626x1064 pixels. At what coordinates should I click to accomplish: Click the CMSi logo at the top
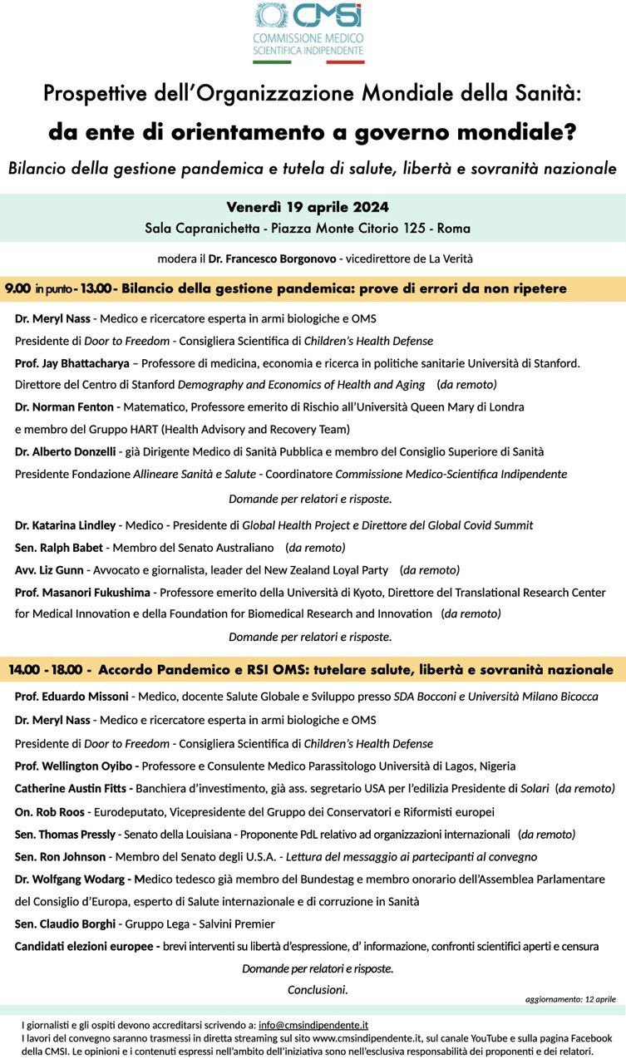[308, 32]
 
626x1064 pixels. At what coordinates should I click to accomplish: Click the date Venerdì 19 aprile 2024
[308, 207]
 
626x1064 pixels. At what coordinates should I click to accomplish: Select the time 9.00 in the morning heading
[17, 288]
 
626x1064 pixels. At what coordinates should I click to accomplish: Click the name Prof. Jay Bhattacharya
[71, 363]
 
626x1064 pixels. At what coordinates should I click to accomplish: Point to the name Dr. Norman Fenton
[64, 407]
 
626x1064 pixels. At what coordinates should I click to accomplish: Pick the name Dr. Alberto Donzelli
[66, 451]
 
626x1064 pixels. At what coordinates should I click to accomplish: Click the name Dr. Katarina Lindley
[66, 525]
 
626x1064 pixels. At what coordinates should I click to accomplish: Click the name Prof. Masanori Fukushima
[82, 593]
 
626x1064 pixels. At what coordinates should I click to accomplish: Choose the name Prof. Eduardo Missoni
[72, 697]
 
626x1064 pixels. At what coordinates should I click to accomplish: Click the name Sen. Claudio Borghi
[62, 924]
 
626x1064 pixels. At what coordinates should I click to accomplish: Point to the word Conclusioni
[318, 990]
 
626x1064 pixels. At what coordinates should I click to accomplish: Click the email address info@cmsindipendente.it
[313, 1026]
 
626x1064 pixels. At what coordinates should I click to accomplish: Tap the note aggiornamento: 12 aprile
[570, 999]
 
